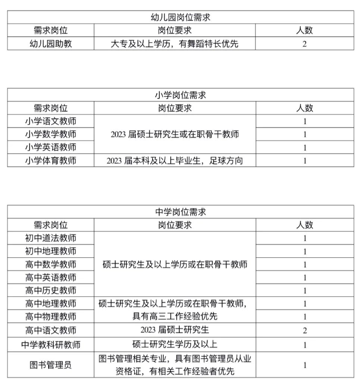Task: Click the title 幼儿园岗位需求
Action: (x=180, y=17)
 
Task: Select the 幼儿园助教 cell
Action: (x=51, y=44)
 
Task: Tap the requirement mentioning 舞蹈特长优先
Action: (x=174, y=44)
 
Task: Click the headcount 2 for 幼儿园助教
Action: (x=304, y=44)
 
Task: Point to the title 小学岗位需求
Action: (x=180, y=95)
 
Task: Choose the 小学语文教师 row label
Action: (x=51, y=121)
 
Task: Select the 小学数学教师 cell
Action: (x=51, y=134)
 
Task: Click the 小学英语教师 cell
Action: (x=51, y=147)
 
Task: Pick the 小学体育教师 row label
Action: (x=51, y=161)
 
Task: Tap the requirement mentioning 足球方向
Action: (x=174, y=161)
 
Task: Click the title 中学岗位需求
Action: (x=180, y=212)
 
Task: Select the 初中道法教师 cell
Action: (x=51, y=238)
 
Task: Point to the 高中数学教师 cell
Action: (x=51, y=264)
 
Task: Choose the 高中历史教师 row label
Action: (x=51, y=291)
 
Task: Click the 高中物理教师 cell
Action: (x=51, y=317)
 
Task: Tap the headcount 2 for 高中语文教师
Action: (x=304, y=330)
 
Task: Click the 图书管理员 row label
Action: (x=51, y=364)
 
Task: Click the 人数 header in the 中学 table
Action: (x=304, y=225)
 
